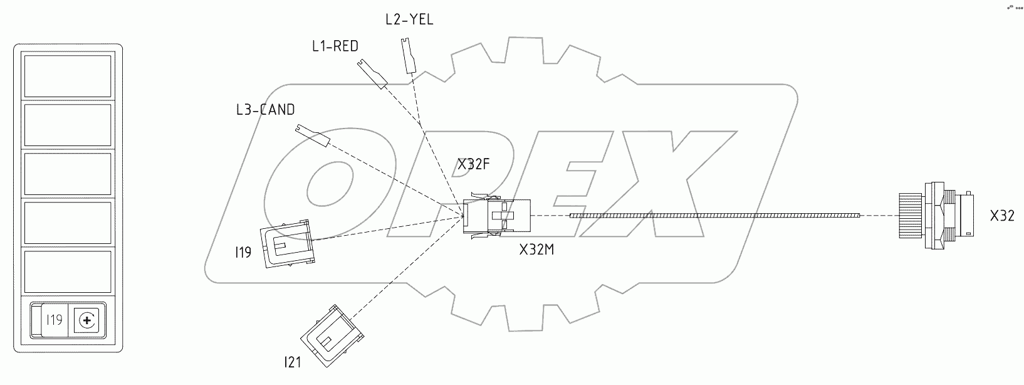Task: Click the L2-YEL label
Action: point(409,19)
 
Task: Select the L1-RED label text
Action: point(335,46)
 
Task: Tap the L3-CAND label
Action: point(265,110)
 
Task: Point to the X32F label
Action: point(473,165)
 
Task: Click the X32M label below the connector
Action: point(537,250)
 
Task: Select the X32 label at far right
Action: point(1002,216)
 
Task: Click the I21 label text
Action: point(293,362)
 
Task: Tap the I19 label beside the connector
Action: point(243,253)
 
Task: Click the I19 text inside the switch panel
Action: point(55,320)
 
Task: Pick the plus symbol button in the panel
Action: point(86,321)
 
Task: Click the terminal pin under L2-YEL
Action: point(409,56)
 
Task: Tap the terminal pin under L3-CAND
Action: point(312,135)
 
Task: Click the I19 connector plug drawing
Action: point(286,243)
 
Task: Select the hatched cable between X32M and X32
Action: point(714,216)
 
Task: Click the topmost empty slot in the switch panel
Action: point(68,76)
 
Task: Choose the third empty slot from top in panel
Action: point(68,173)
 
